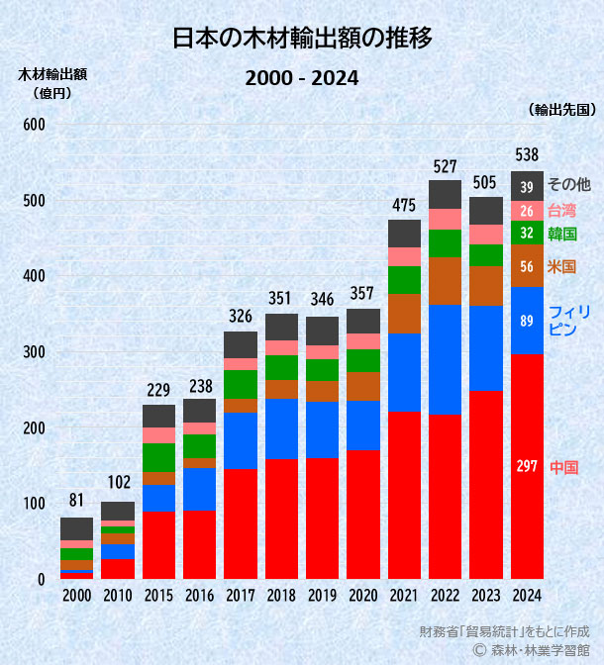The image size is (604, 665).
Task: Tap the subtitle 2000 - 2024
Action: point(301,78)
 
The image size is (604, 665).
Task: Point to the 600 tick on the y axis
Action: point(34,125)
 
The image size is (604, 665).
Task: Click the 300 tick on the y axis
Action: point(34,352)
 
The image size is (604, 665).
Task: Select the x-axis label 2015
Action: point(158,595)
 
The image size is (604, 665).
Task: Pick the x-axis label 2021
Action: point(404,595)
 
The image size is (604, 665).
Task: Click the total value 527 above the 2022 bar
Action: point(445,165)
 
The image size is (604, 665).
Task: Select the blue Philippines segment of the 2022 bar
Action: point(445,359)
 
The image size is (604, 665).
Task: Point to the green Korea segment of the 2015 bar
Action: point(158,457)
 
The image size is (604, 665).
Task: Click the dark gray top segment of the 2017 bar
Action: point(241,344)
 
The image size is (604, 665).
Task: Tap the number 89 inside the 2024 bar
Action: point(527,320)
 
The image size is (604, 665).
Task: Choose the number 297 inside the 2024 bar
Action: point(527,466)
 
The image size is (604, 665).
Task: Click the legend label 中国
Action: point(563,467)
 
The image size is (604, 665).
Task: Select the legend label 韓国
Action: point(562,235)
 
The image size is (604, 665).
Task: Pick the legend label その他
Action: point(568,184)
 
